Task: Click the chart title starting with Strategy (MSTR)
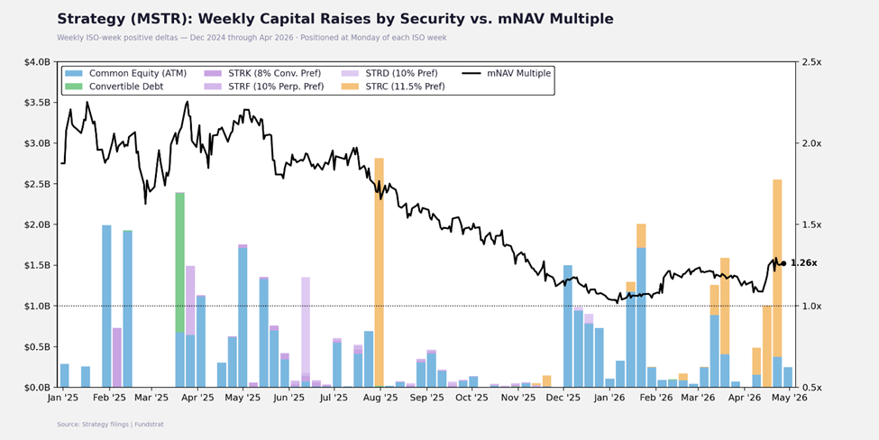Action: coord(334,19)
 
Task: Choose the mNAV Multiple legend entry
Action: coord(508,73)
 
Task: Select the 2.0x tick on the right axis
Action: coord(812,143)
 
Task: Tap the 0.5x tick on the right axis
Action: coord(812,388)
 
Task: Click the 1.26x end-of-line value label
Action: coord(803,263)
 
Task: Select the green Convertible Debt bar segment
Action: coord(180,261)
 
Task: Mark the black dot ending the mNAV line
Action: coord(783,263)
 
